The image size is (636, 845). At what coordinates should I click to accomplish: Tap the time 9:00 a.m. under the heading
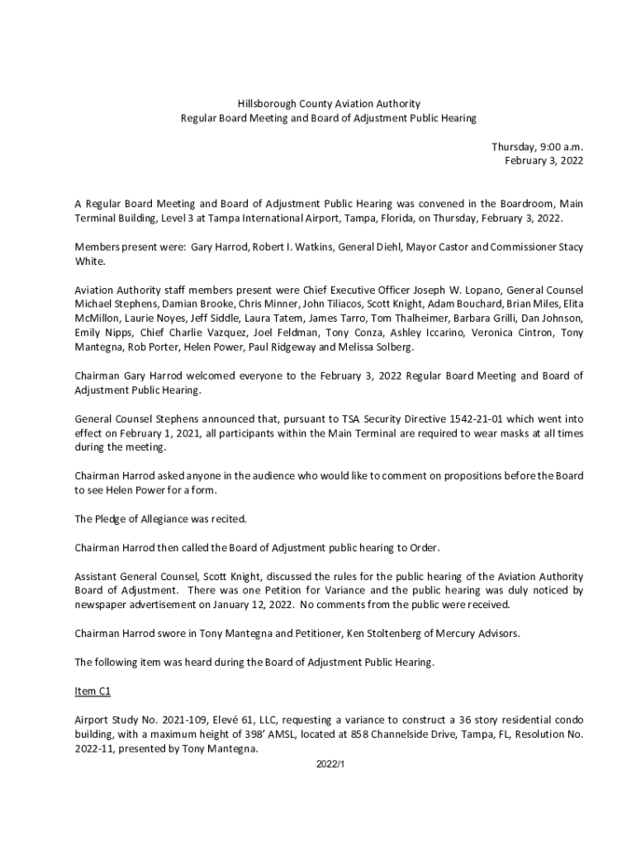pos(560,146)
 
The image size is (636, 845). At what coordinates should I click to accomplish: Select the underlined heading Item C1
pos(93,691)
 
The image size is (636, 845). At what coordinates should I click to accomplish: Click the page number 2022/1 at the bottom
pos(330,765)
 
